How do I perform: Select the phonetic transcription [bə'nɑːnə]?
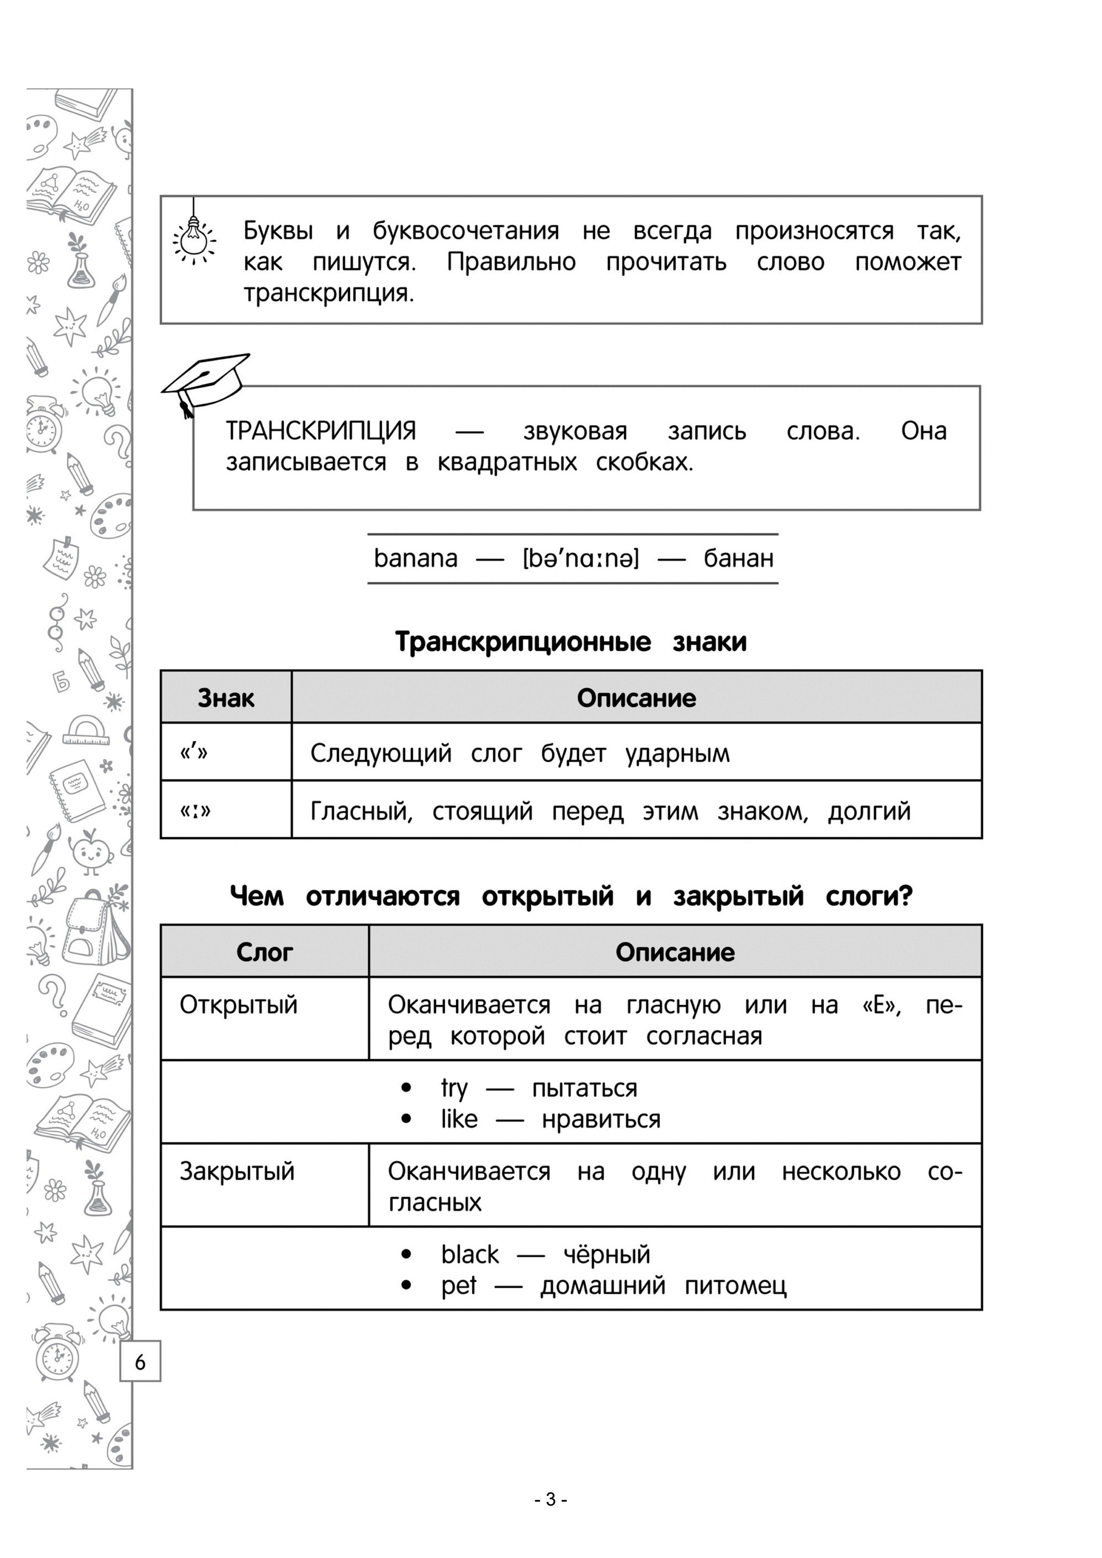coord(580,559)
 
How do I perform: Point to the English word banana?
coord(415,559)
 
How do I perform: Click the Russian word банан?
coord(738,559)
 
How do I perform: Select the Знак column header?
coord(226,698)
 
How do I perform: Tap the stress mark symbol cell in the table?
coord(194,752)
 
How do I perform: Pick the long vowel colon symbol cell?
coord(196,810)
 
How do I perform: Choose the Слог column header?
coord(264,952)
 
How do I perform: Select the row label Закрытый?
coord(237,1171)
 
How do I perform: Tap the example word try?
coord(454,1088)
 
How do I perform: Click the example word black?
coord(469,1254)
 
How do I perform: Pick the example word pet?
coord(459,1285)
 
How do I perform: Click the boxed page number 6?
coord(140,1362)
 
